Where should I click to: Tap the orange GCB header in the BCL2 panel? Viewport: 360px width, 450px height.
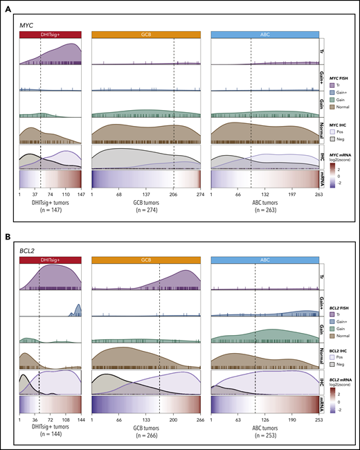(x=145, y=258)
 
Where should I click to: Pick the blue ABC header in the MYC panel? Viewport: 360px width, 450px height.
(x=264, y=34)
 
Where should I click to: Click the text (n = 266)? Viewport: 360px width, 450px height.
(x=145, y=435)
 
